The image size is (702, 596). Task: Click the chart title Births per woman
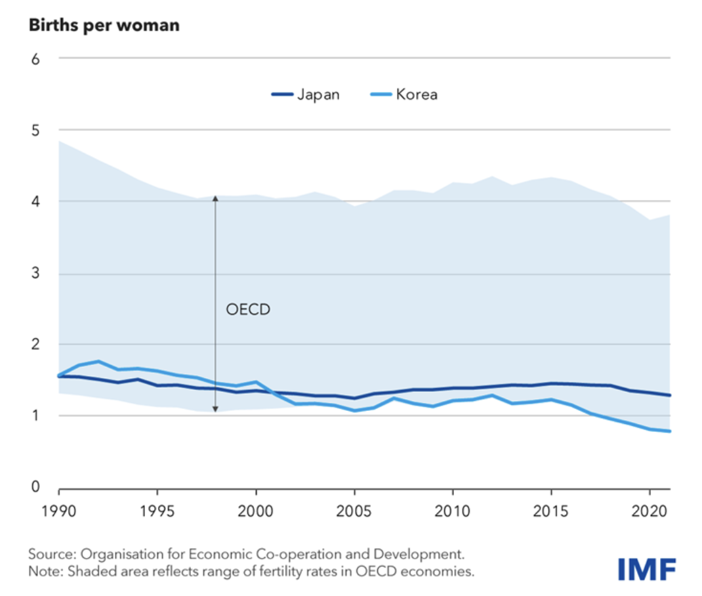103,26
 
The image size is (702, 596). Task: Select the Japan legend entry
306,94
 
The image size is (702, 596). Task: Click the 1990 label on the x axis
59,511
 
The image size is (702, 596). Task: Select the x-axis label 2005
354,511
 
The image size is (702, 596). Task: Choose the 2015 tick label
551,511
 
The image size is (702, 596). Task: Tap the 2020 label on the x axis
650,511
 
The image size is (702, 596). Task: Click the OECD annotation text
248,309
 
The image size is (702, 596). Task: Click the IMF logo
646,568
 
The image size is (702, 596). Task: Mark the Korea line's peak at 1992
98,361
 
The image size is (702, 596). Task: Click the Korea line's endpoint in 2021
670,431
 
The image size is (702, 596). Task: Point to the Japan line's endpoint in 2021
670,395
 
